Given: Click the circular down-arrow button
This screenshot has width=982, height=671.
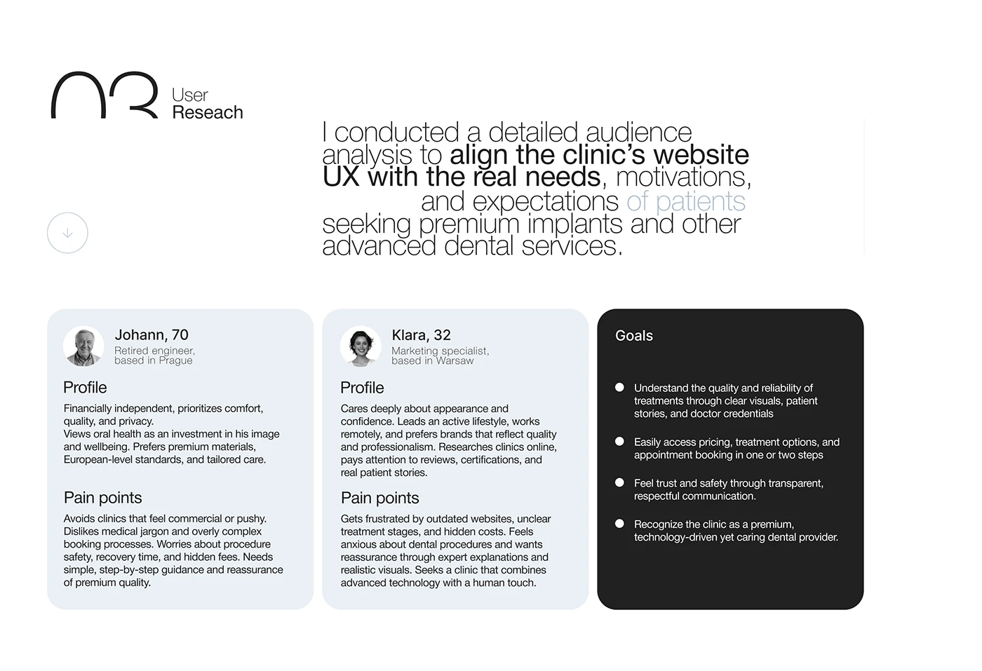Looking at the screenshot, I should click(x=67, y=233).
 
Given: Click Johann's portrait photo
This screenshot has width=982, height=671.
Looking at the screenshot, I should click(x=83, y=346).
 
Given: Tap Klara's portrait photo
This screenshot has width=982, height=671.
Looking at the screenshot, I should click(x=361, y=346).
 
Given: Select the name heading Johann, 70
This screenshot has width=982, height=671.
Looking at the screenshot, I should click(x=152, y=335).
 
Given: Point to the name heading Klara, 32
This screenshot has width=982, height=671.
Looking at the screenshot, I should click(x=421, y=335).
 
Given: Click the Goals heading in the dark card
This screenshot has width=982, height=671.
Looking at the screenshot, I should click(x=634, y=336).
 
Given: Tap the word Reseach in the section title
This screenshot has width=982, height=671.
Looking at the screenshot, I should click(x=208, y=112).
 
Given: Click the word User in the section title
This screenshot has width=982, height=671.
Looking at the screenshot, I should click(x=190, y=95).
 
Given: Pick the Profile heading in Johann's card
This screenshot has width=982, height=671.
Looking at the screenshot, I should click(x=85, y=388).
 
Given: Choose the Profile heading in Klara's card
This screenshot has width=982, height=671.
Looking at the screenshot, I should click(x=362, y=388).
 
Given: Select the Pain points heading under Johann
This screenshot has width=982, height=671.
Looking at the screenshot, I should click(x=102, y=498).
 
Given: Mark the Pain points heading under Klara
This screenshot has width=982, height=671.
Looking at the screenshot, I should click(x=379, y=498).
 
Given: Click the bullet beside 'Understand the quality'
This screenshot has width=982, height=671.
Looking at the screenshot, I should click(x=619, y=387).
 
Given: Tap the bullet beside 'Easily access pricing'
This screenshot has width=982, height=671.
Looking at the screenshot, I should click(x=619, y=442).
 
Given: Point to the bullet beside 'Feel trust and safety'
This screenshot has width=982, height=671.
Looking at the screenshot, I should click(x=619, y=482).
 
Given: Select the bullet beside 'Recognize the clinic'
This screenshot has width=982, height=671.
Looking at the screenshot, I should click(x=619, y=524).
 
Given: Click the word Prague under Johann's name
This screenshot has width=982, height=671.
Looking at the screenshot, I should click(x=175, y=360).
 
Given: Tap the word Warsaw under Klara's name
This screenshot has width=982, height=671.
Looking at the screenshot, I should click(x=455, y=360).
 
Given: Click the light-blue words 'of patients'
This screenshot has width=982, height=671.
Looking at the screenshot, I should click(x=686, y=201).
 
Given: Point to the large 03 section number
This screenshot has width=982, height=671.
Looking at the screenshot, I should click(x=105, y=95).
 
